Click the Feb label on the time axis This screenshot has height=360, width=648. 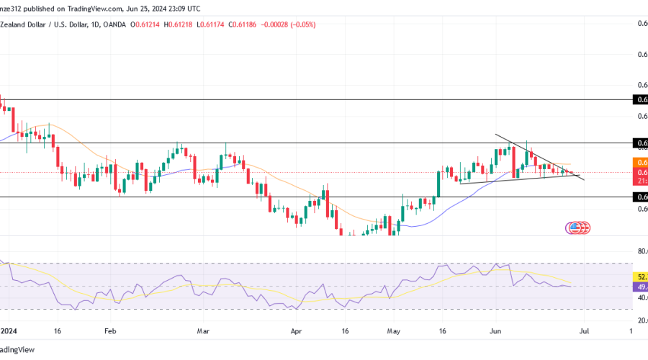(110, 333)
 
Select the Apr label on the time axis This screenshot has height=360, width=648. (295, 333)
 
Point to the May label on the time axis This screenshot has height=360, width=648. (392, 333)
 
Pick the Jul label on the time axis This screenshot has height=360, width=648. (584, 333)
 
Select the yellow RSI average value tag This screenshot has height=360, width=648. (640, 276)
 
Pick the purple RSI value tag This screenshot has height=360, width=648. (640, 287)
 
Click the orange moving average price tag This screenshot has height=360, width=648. (640, 163)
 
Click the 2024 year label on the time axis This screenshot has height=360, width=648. (9, 333)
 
